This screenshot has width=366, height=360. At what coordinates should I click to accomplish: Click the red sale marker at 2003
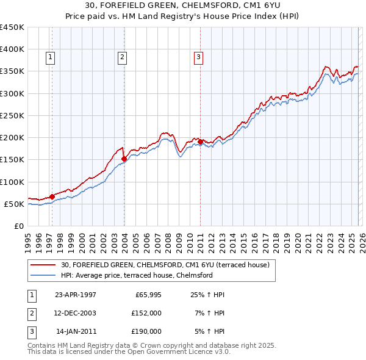click(124, 159)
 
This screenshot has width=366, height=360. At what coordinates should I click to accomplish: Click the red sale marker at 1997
click(52, 196)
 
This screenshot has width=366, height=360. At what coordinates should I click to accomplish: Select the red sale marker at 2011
click(200, 142)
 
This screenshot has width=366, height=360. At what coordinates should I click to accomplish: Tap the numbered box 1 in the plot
click(50, 57)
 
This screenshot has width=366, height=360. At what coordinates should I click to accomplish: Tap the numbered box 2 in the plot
click(122, 57)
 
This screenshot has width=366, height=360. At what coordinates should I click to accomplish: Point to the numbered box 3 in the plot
click(198, 57)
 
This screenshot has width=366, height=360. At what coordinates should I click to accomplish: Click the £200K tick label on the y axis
click(12, 137)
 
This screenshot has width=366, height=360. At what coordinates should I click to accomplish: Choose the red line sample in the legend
click(44, 265)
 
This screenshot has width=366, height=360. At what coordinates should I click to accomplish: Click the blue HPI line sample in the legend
click(44, 275)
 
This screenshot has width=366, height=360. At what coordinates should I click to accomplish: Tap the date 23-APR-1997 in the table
click(76, 295)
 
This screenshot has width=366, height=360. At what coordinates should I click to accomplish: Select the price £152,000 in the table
click(146, 313)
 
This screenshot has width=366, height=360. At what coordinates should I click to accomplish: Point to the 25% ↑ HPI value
click(208, 295)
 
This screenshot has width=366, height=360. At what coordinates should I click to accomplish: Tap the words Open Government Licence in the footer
click(182, 353)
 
